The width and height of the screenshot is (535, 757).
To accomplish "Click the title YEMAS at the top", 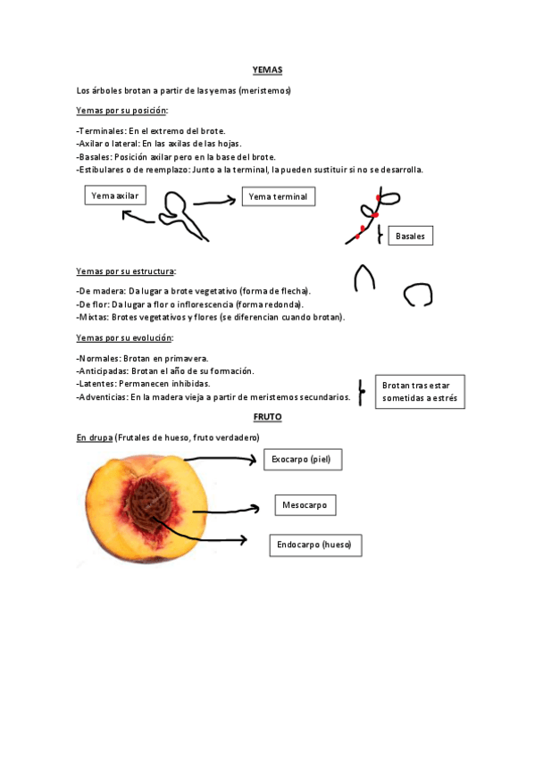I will (267, 70).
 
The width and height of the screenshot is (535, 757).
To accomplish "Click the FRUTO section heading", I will (267, 417).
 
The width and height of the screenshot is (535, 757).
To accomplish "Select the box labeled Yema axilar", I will (115, 195).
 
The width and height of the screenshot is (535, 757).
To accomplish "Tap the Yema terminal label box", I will (278, 196).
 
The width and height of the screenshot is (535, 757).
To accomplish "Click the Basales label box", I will (411, 236).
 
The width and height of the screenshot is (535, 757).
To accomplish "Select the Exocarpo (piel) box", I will (303, 460).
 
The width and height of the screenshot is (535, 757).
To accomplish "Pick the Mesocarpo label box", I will (305, 505).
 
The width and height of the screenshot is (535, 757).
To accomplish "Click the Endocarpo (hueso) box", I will (314, 545).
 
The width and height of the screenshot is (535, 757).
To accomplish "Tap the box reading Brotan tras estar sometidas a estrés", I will (419, 392).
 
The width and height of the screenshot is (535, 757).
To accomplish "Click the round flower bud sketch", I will (416, 295).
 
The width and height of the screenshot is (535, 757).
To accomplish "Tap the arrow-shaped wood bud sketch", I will (364, 279).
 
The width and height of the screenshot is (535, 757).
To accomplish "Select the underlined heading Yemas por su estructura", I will (126, 270).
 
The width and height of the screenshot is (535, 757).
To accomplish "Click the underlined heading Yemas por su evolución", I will (124, 337).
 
